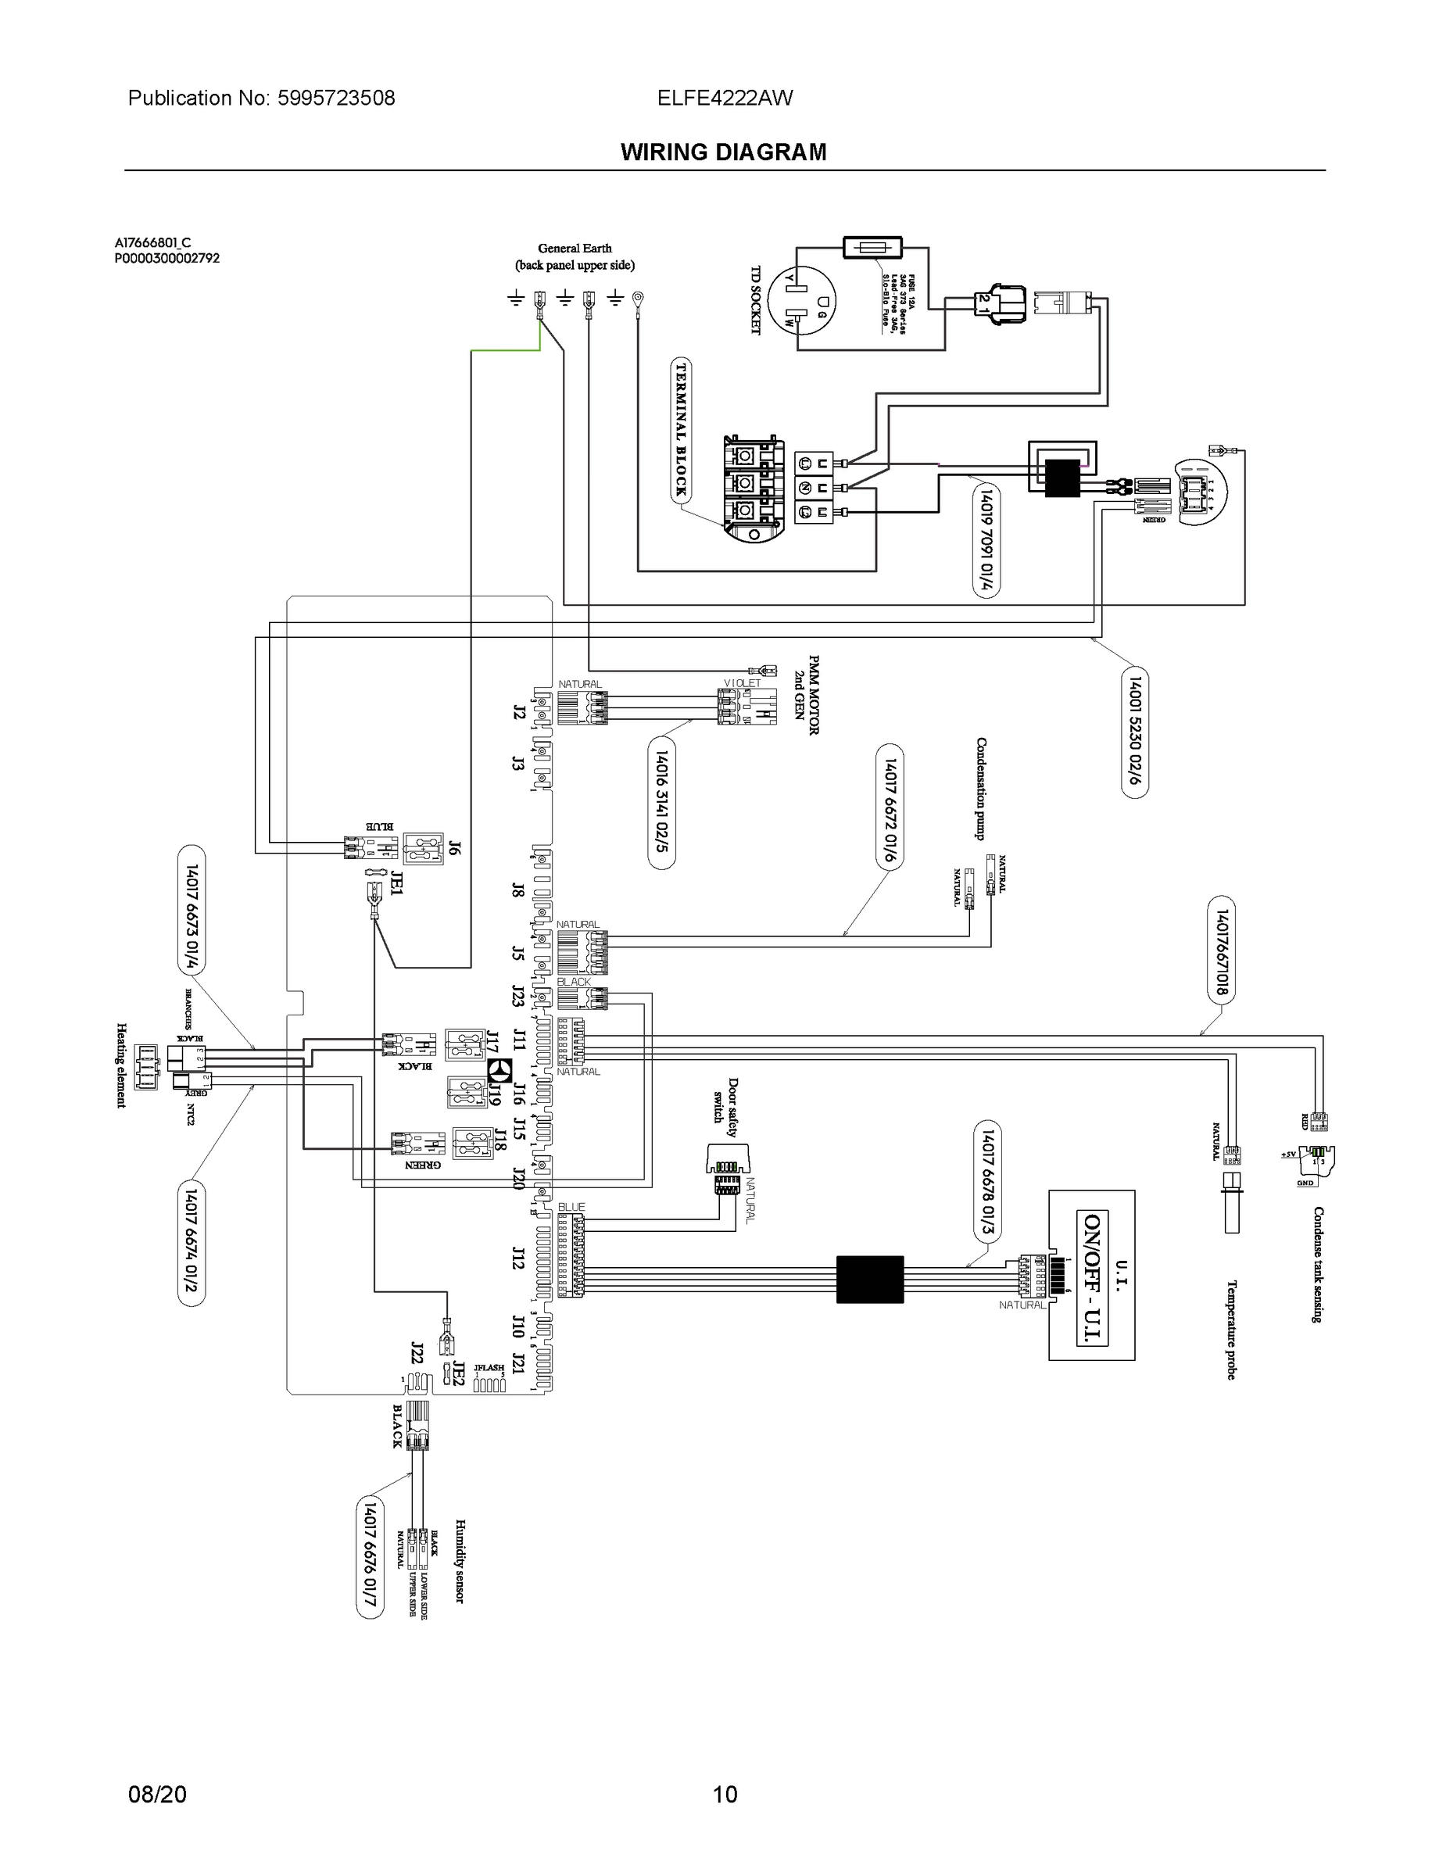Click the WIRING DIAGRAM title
[x=723, y=152]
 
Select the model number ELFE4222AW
[x=725, y=98]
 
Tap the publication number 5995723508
[x=336, y=98]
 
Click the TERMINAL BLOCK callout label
[x=681, y=429]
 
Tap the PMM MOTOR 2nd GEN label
[x=806, y=695]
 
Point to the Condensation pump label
[x=980, y=789]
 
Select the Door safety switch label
[x=726, y=1112]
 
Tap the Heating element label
[x=121, y=1065]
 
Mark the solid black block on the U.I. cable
[x=869, y=1279]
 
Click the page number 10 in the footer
[x=725, y=1795]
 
